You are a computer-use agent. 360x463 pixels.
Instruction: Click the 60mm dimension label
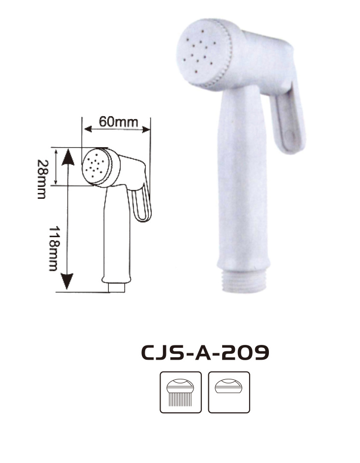click(x=118, y=122)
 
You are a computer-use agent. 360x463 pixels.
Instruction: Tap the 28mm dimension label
click(x=42, y=179)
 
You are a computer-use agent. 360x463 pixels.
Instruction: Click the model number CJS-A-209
click(x=205, y=352)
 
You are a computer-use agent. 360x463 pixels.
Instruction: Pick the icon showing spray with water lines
click(x=181, y=392)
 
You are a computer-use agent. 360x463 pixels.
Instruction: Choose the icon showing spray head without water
click(x=229, y=392)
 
